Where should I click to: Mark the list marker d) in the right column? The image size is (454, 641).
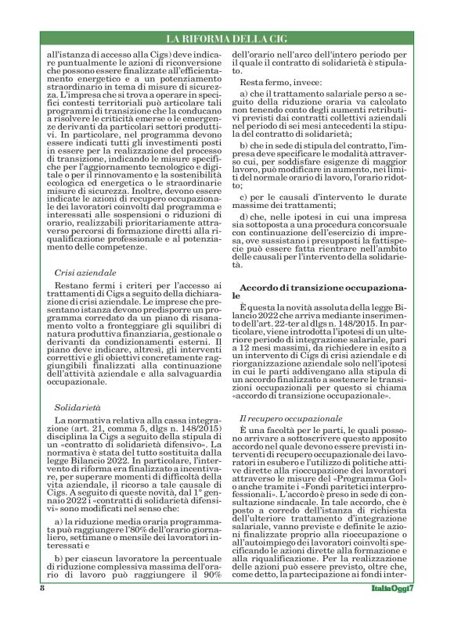coord(245,216)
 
